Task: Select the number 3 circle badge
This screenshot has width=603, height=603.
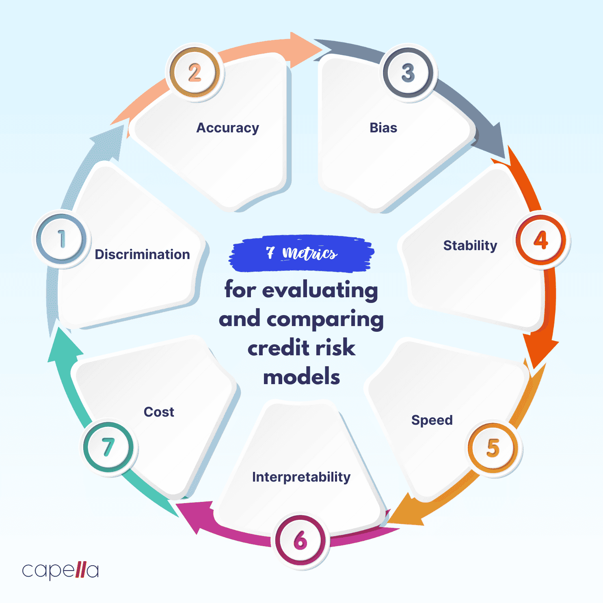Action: tap(408, 73)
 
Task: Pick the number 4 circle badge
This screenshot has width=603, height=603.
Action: tap(541, 240)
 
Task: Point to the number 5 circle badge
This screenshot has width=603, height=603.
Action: tap(493, 448)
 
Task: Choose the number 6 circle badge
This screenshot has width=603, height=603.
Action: tap(300, 540)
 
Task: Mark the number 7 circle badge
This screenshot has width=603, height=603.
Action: tap(108, 447)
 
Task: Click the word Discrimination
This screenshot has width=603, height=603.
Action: tap(143, 255)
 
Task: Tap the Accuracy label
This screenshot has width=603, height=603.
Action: tap(228, 128)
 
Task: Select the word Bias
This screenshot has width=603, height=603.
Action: tap(383, 128)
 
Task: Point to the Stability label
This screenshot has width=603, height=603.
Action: tap(470, 246)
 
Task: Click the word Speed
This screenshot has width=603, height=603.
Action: tap(432, 420)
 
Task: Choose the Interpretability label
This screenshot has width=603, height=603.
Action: tap(301, 477)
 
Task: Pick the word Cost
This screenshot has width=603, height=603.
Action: tap(159, 412)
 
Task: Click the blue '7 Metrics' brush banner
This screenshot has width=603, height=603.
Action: tap(301, 253)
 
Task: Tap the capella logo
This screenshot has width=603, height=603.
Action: tap(60, 571)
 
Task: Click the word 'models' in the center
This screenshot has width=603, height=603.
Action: tap(302, 377)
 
